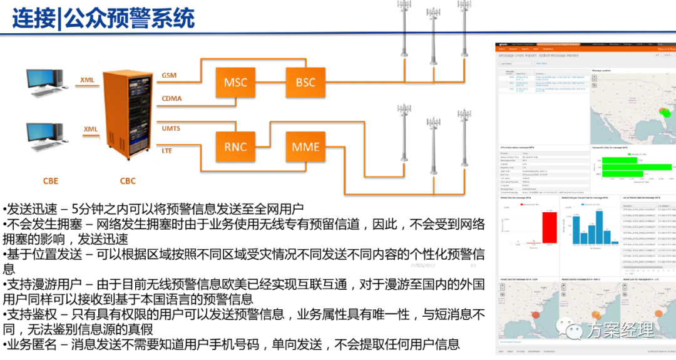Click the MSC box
click(x=235, y=82)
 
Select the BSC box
click(x=305, y=82)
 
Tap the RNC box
click(x=235, y=148)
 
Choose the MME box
click(x=305, y=148)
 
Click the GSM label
click(x=169, y=76)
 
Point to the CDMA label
click(x=172, y=98)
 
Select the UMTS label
click(x=171, y=128)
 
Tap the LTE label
click(x=166, y=151)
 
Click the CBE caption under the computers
click(x=51, y=182)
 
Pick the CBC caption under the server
click(x=128, y=182)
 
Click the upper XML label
click(x=88, y=80)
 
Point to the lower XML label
click(x=91, y=129)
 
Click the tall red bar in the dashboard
click(x=549, y=227)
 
